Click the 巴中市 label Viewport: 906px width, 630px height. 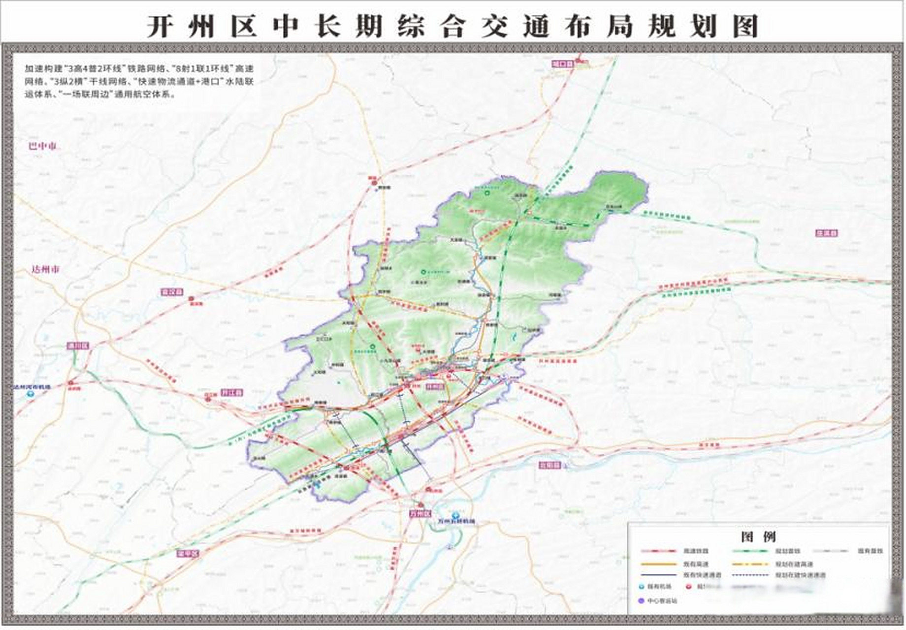[x=42, y=146]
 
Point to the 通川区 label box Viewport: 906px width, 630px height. [x=78, y=346]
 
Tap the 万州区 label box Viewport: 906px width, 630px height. [x=420, y=513]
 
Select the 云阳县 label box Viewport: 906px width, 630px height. [x=550, y=465]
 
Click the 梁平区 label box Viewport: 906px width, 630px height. [x=188, y=554]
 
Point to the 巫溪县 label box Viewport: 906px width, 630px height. [x=827, y=233]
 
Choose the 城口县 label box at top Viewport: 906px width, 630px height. [x=563, y=64]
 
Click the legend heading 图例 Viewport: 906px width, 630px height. [x=758, y=536]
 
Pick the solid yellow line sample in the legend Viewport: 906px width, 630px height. [x=659, y=564]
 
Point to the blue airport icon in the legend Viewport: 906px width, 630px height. [x=641, y=587]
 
